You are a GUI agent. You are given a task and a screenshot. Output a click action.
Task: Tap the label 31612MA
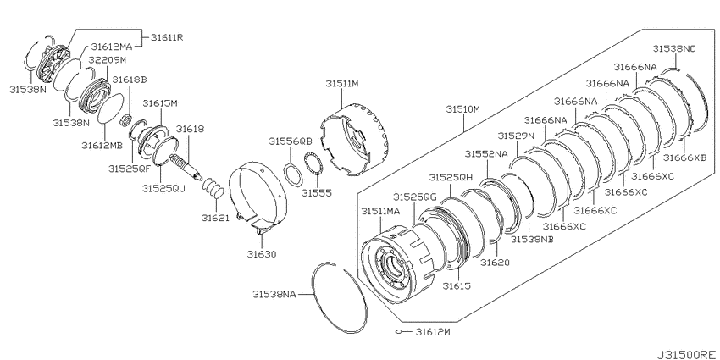[x=111, y=47]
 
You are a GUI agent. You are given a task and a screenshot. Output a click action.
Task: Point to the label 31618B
[x=130, y=80]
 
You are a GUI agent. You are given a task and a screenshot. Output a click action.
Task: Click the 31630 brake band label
[x=261, y=254]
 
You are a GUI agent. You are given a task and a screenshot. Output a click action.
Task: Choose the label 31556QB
[x=291, y=141]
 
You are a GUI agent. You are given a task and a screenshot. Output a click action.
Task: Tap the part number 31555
[x=317, y=193]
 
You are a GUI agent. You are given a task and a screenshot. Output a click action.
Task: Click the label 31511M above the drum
[x=342, y=84]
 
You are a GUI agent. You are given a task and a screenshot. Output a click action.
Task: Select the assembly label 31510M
[x=462, y=109]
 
